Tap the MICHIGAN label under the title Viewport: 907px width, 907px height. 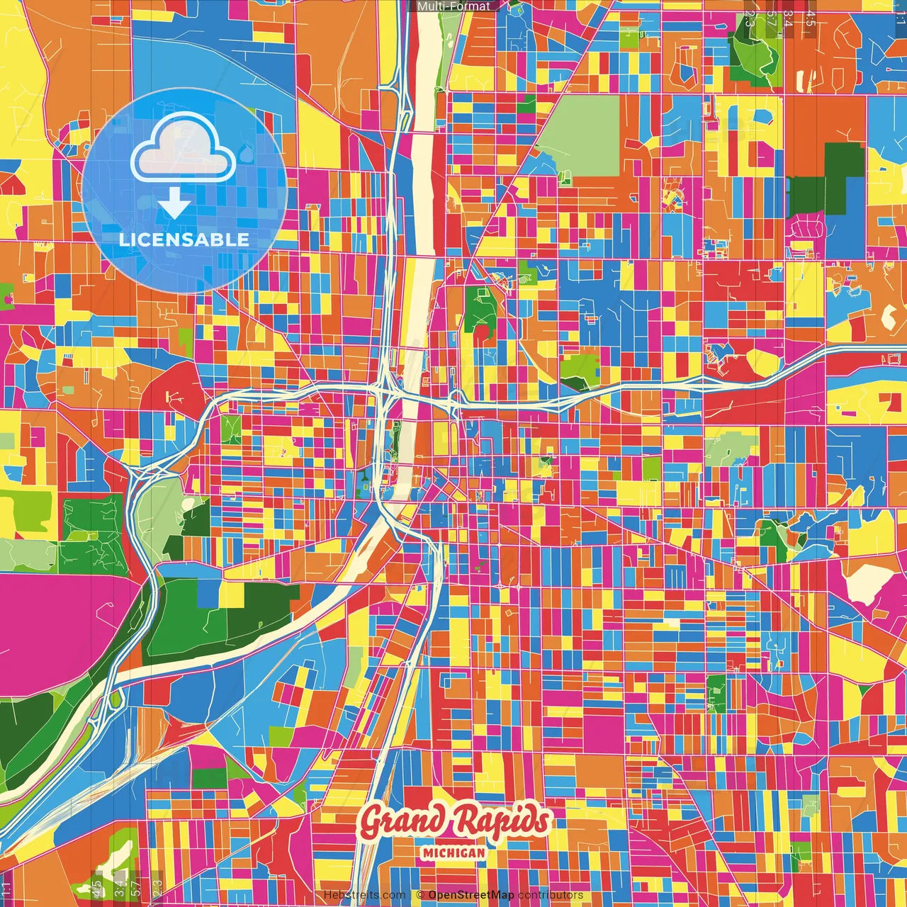pos(453,852)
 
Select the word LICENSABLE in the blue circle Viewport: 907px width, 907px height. pos(184,240)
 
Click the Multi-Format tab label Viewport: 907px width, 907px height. pos(453,6)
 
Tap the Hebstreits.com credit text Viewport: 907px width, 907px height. pos(365,895)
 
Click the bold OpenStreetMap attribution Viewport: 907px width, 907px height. pos(471,895)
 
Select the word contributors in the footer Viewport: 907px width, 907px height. pos(551,895)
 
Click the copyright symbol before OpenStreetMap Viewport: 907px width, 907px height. pos(419,895)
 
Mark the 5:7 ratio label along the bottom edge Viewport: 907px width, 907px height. pos(137,888)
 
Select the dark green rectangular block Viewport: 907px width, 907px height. pos(826,181)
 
